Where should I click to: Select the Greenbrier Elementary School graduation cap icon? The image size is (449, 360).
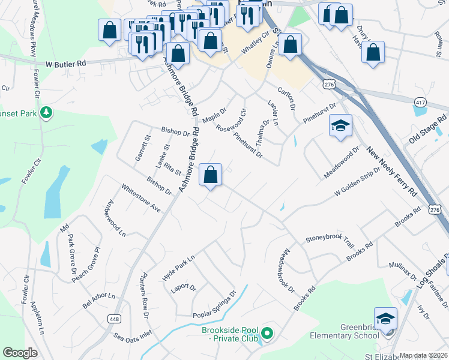pos(385,318)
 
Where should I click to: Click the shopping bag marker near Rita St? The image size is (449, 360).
pos(210,175)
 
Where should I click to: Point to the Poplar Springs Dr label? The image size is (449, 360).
pos(215,306)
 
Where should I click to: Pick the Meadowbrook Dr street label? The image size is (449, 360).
pos(285,270)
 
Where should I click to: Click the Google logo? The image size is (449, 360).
pos(20,353)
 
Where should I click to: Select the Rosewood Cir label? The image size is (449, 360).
pos(231,120)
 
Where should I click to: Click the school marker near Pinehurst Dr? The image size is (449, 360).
pos(340,126)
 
